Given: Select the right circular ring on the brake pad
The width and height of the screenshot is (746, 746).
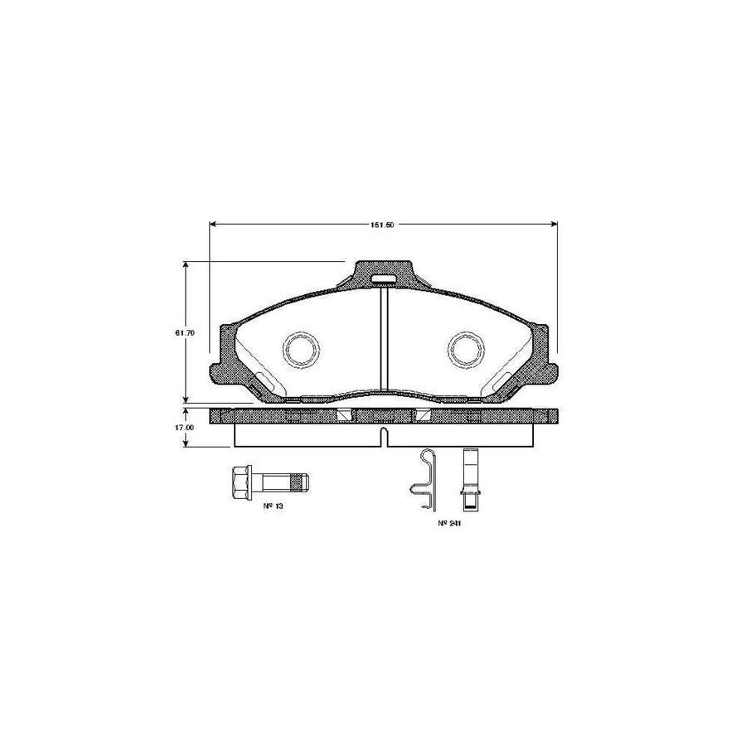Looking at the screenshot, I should pyautogui.click(x=465, y=350).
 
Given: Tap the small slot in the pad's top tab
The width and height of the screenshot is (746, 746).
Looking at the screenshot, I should pyautogui.click(x=383, y=278).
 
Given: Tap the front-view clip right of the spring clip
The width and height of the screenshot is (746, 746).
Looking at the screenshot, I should pyautogui.click(x=468, y=479).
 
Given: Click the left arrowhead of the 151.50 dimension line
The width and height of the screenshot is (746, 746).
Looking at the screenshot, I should pyautogui.click(x=212, y=224).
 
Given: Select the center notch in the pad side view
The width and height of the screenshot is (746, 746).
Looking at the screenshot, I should pyautogui.click(x=383, y=437).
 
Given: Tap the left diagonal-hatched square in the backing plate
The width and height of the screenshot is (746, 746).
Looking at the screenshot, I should pyautogui.click(x=343, y=414).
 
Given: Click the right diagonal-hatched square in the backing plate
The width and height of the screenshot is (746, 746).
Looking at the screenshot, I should pyautogui.click(x=423, y=414).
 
